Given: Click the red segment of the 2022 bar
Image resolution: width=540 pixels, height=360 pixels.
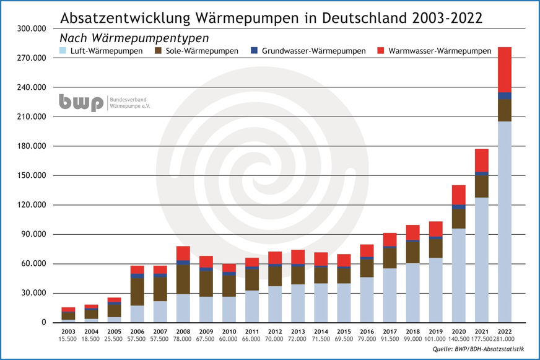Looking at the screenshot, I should click(505, 69).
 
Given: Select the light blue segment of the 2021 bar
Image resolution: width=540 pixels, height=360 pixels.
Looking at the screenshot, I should click(482, 260).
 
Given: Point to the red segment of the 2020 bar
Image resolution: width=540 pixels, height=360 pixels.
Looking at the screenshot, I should click(459, 195).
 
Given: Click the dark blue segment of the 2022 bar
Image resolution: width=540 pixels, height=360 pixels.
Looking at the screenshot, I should click(505, 95).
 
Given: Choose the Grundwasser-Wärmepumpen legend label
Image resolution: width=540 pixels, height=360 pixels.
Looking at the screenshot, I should click(314, 50).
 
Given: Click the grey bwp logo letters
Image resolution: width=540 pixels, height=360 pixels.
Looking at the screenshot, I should click(81, 103).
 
